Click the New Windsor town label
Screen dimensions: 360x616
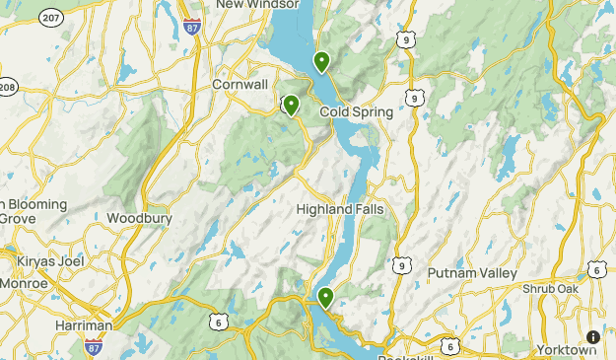click(257, 5)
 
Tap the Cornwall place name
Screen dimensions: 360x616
click(240, 85)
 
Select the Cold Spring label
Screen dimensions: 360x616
click(356, 112)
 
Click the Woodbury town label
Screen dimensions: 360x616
click(139, 218)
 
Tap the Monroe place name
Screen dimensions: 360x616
click(25, 283)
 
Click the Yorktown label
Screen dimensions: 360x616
click(567, 350)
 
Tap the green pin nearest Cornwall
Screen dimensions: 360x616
click(291, 106)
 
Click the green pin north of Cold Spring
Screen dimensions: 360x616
click(321, 62)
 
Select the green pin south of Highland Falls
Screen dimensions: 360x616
click(325, 296)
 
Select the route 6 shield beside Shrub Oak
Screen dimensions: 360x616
click(596, 269)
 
